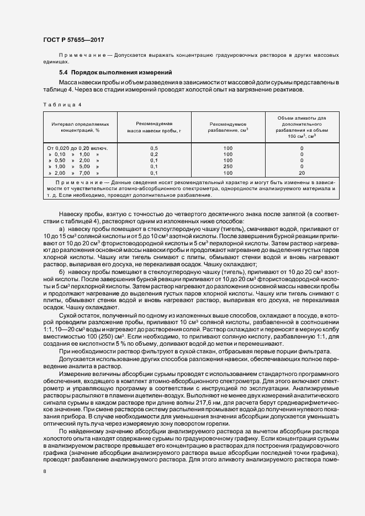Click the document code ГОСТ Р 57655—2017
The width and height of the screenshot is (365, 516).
pyautogui.click(x=73, y=40)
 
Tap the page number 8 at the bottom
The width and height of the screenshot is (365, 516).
pyautogui.click(x=45, y=471)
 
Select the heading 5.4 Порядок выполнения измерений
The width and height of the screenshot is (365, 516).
pyautogui.click(x=116, y=73)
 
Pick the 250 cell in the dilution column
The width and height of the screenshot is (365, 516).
pyautogui.click(x=228, y=166)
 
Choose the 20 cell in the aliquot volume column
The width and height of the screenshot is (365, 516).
pyautogui.click(x=301, y=173)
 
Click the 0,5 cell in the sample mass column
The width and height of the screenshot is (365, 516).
pyautogui.click(x=154, y=148)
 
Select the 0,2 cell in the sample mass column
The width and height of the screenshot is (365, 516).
pyautogui.click(x=154, y=154)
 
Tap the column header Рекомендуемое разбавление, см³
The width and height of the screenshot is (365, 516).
pyautogui.click(x=228, y=128)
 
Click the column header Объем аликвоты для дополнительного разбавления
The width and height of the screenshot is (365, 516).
pyautogui.click(x=301, y=127)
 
